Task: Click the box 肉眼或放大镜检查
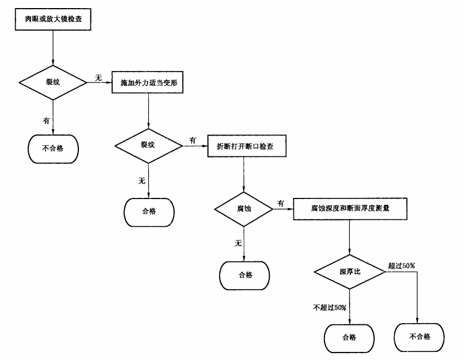click(53, 18)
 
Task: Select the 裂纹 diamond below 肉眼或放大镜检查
click(53, 82)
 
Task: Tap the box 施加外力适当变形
click(149, 82)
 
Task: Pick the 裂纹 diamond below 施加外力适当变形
click(149, 145)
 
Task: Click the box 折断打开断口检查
click(244, 147)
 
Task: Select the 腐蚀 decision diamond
click(244, 208)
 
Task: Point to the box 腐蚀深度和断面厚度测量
click(350, 209)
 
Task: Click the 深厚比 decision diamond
click(349, 271)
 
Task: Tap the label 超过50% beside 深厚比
click(401, 265)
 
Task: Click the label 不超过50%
click(330, 307)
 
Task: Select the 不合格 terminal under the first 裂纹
click(53, 148)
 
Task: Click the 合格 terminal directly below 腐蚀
click(245, 275)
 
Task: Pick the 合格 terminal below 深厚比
click(349, 337)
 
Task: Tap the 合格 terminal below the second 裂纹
click(149, 211)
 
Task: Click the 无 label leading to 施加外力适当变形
click(98, 77)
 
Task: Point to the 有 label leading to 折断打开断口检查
click(193, 140)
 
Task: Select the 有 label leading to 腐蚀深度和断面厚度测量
click(281, 203)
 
